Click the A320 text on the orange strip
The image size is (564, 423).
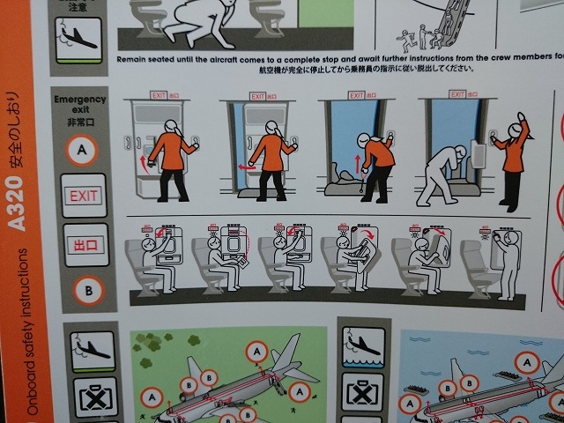point(18,202)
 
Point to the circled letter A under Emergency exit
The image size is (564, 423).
point(82,151)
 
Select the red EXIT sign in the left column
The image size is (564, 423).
point(85,195)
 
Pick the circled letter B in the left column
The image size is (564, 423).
point(86,289)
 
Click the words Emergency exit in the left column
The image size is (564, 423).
point(79,104)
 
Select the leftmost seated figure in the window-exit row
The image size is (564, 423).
point(159,261)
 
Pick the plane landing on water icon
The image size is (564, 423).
point(361,347)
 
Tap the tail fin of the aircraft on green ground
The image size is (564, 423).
point(286,352)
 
